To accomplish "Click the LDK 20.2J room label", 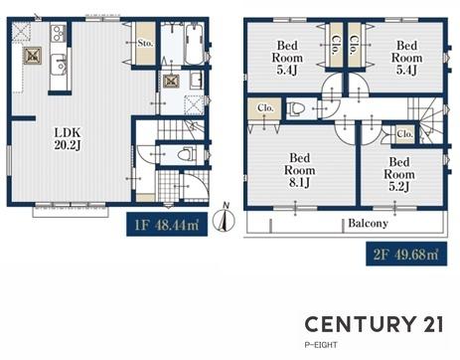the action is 68,139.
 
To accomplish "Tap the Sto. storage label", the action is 145,43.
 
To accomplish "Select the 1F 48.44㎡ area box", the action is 167,225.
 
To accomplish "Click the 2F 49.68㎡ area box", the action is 406,255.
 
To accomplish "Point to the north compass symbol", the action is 224,218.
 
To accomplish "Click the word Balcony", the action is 368,223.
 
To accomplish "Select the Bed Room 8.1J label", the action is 299,170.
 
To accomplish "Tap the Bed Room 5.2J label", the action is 399,174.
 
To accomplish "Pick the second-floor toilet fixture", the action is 295,108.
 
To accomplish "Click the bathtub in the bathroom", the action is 195,45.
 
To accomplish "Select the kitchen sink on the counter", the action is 59,65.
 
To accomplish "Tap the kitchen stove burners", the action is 58,33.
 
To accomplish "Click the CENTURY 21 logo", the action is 374,324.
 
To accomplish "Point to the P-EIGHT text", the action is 321,345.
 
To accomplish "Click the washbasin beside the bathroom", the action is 196,81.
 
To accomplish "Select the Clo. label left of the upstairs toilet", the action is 265,108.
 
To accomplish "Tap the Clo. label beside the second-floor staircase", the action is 404,134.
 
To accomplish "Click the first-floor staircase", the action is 180,129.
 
